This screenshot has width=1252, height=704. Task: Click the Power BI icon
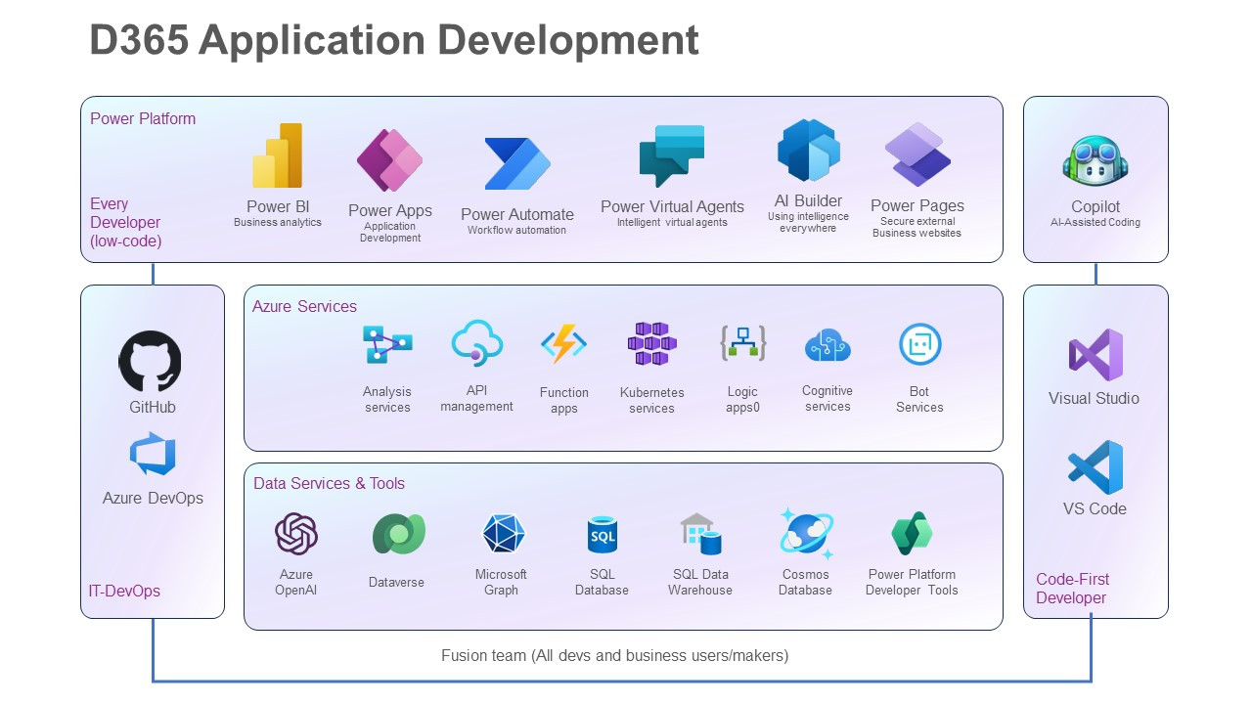278,156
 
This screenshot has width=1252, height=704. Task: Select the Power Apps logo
389,160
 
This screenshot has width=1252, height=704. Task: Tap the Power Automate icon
517,163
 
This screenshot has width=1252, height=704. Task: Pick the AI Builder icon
809,151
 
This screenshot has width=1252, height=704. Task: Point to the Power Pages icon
917,154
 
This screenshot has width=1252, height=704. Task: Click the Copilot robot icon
1095,161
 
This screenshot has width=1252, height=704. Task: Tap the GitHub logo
151,361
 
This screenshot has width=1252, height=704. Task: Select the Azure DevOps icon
153,455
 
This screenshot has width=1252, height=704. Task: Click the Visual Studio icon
1095,354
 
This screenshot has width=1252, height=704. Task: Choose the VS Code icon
1095,467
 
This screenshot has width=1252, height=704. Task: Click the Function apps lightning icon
564,345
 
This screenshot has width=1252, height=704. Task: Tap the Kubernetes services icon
651,344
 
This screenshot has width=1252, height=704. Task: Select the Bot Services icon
919,344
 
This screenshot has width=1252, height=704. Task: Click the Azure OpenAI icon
295,534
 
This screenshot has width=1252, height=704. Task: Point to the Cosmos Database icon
806,534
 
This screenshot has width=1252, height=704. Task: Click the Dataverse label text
396,583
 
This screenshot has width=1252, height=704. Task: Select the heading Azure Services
304,306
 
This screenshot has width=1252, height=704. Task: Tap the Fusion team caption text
614,655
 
